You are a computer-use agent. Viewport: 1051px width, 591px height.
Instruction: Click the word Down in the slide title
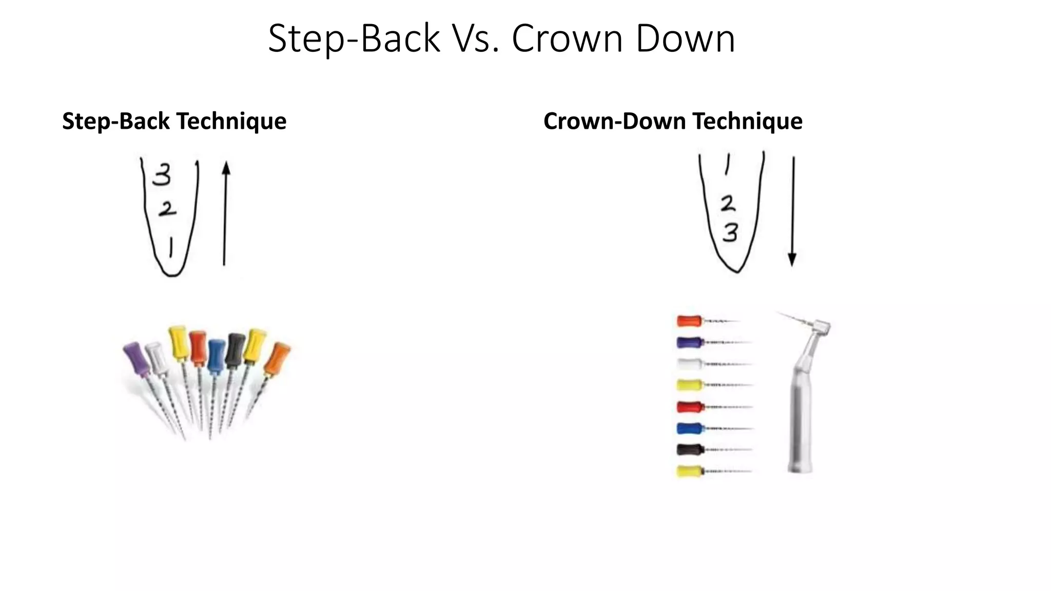coord(685,39)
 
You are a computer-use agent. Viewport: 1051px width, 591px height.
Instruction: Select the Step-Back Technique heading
coord(174,122)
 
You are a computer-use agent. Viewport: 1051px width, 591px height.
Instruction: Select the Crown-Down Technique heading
coord(673,122)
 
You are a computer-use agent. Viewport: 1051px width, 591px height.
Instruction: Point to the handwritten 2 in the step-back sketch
coord(167,209)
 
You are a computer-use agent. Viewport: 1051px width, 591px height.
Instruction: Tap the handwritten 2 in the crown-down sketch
coord(728,204)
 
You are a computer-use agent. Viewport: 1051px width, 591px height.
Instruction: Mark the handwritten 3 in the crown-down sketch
coord(730,233)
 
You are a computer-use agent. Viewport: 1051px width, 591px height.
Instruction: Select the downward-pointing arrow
coord(793,210)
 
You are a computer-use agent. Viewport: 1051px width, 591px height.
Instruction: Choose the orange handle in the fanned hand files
coord(277,358)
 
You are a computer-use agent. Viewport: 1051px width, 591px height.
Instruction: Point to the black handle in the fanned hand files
coord(235,349)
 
